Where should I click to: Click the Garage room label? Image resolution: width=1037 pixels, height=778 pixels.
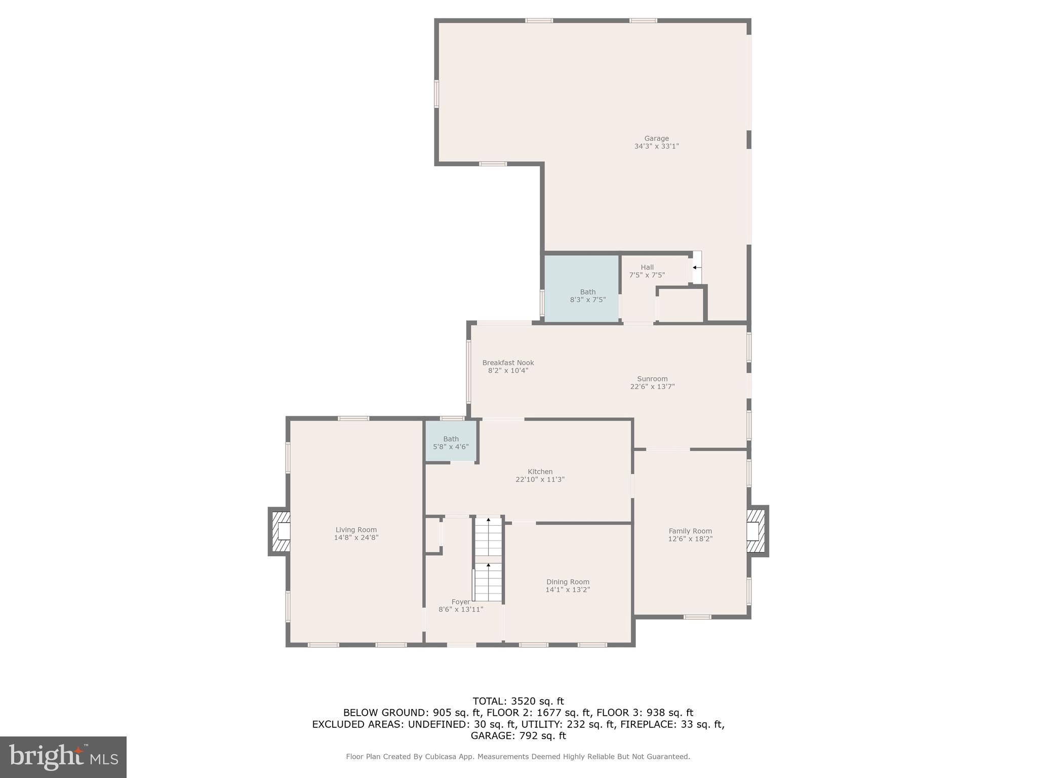point(656,138)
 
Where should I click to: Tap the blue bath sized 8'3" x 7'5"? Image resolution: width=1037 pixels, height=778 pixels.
point(581,289)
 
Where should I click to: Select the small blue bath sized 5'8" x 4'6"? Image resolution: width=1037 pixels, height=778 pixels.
point(450,441)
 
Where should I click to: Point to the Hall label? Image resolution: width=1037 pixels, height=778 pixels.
point(647,267)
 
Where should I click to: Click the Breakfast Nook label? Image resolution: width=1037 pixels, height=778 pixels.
point(508,363)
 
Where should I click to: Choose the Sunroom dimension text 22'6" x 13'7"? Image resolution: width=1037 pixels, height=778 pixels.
point(652,386)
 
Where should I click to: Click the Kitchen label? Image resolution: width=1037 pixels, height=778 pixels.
point(540,472)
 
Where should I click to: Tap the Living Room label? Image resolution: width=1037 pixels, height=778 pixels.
point(356,530)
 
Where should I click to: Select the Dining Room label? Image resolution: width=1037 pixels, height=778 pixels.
point(568,582)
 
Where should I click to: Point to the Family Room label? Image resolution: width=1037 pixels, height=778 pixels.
point(690,531)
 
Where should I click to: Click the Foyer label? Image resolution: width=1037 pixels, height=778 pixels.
point(461,602)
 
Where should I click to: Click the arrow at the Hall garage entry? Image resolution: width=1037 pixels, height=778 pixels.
point(697,267)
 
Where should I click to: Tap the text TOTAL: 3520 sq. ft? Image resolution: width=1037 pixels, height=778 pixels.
point(518,702)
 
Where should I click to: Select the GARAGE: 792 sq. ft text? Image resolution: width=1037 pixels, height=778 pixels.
point(518,735)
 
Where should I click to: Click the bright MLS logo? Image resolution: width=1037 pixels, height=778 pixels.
point(63,757)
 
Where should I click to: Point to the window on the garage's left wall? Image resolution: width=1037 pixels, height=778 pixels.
point(436,94)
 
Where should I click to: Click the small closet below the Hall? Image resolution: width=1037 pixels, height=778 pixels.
point(681,305)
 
